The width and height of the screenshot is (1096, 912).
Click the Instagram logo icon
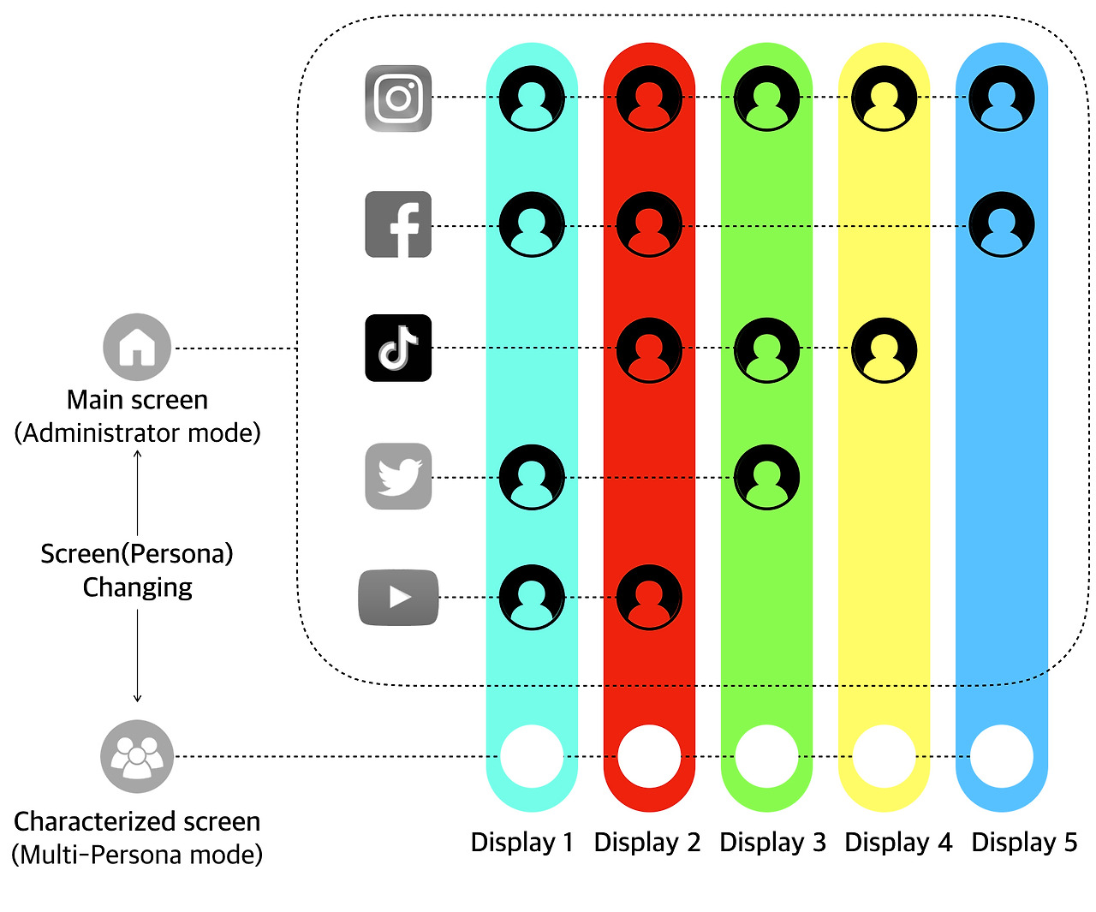[398, 98]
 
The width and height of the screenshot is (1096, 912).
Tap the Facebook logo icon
[398, 224]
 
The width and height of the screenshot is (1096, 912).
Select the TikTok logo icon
[398, 349]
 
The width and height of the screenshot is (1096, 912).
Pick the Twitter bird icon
[398, 476]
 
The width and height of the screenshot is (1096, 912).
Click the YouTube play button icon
[398, 597]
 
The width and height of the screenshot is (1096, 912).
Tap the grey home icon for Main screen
[137, 348]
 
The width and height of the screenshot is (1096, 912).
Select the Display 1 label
[521, 843]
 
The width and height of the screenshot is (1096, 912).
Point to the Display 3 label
[772, 843]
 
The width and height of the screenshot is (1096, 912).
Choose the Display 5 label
[1024, 843]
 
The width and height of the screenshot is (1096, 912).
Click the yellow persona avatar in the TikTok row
[885, 350]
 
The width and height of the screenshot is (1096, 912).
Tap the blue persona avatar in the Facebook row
[1002, 224]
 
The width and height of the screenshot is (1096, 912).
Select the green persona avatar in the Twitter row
[767, 477]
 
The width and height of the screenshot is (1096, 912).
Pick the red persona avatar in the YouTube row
[649, 597]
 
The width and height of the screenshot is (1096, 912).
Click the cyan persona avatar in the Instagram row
[532, 98]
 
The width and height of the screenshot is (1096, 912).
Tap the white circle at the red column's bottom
[649, 757]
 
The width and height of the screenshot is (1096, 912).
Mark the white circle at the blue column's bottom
[1002, 757]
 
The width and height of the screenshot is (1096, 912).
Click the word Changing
[137, 587]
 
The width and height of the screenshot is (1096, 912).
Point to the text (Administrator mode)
[137, 433]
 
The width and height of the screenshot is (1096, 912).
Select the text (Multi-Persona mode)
[137, 855]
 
